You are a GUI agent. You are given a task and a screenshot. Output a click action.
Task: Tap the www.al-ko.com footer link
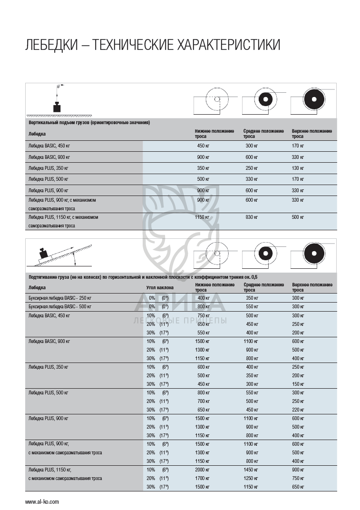point(42,501)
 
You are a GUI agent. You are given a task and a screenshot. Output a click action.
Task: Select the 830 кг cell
point(252,217)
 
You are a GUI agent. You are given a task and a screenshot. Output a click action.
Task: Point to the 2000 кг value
point(202,470)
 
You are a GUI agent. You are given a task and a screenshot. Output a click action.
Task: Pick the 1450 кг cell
point(252,470)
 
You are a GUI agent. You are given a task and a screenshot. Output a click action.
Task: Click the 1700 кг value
point(202,478)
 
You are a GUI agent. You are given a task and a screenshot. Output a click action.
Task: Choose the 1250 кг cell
point(252,478)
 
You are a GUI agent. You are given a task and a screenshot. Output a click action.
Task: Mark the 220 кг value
point(298,410)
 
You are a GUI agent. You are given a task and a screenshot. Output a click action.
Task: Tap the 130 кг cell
point(298,168)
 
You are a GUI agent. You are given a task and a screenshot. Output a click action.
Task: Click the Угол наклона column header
point(160,287)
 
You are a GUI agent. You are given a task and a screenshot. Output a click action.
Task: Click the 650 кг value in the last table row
point(298,487)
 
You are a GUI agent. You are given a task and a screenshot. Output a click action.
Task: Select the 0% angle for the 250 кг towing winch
point(152,298)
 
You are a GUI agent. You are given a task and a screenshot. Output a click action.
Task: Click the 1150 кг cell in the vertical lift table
point(202,217)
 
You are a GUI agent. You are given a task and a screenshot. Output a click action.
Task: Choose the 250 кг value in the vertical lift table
point(252,168)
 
